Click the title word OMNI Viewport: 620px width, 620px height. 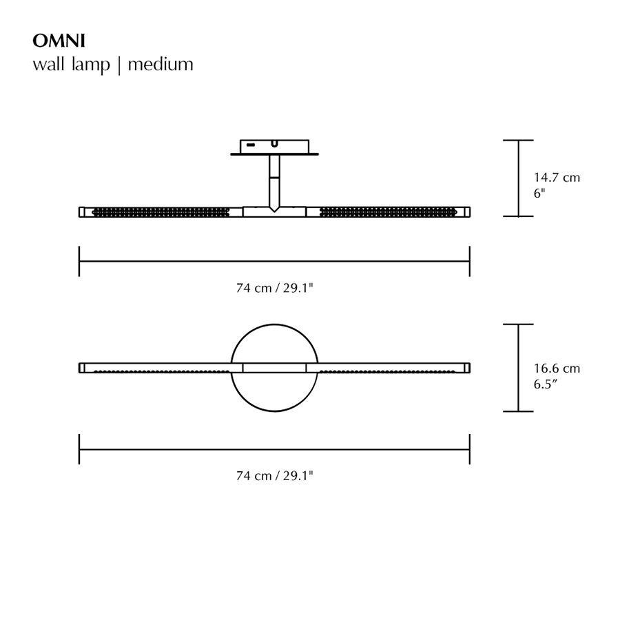pyautogui.click(x=59, y=41)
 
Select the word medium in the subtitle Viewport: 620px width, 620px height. pyautogui.click(x=161, y=65)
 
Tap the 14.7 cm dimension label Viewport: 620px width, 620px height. pyautogui.click(x=557, y=178)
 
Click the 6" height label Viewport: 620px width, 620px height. pyautogui.click(x=539, y=194)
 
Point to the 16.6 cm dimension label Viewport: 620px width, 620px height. pyautogui.click(x=557, y=369)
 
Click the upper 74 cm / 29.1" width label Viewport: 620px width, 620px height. pyautogui.click(x=275, y=289)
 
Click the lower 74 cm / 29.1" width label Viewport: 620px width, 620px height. pyautogui.click(x=275, y=475)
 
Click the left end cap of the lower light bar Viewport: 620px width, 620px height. pyautogui.click(x=82, y=367)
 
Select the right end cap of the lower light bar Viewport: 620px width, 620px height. pyautogui.click(x=467, y=367)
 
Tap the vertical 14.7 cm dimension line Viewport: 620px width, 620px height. pyautogui.click(x=519, y=178)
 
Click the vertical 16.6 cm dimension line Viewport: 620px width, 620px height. pyautogui.click(x=519, y=368)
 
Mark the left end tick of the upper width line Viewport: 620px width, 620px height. pyautogui.click(x=79, y=262)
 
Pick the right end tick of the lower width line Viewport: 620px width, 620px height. pyautogui.click(x=470, y=448)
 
